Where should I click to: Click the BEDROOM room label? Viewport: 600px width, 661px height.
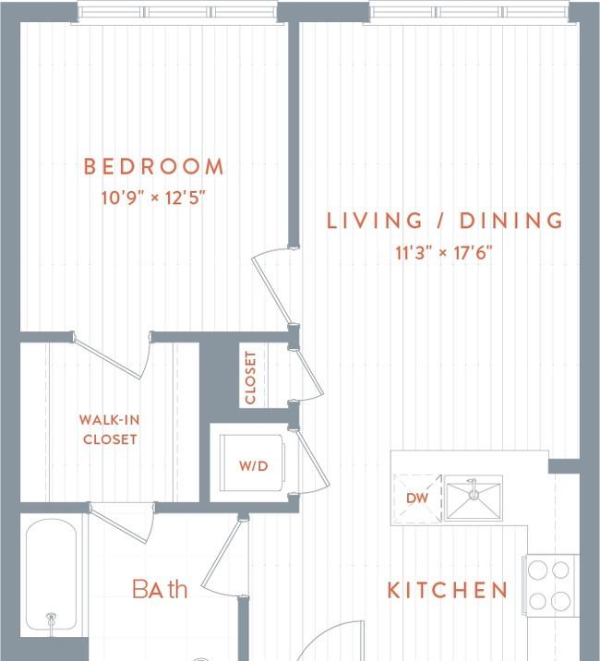point(153,166)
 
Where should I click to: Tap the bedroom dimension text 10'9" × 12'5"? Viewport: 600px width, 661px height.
point(153,198)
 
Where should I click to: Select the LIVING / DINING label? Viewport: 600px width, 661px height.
point(445,221)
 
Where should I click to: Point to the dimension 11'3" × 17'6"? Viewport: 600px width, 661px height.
point(444,253)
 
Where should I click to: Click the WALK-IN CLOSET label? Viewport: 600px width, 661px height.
point(110,429)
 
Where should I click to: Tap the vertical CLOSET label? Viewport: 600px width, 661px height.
point(250,379)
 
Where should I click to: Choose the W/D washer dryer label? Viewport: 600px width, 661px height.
point(254,466)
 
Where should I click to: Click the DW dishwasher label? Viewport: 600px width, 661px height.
point(417,498)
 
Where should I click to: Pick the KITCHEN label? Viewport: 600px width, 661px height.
point(448,590)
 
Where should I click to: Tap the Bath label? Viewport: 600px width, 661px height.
point(160,588)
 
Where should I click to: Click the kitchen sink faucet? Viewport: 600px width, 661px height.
point(474,489)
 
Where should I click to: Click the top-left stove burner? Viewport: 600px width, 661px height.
point(537,571)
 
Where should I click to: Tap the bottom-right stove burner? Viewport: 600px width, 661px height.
point(560,601)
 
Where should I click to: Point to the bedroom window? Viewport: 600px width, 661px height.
point(177,13)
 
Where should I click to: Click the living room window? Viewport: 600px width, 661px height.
point(469,13)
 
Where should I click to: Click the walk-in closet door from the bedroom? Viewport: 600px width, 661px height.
point(113,355)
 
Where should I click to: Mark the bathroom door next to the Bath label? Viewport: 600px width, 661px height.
point(223,557)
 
